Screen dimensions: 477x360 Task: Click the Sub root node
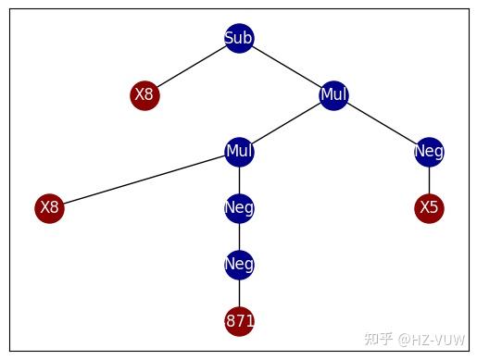pos(239,38)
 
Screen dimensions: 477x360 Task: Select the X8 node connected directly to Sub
pos(144,94)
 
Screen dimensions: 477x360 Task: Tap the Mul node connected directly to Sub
pos(333,94)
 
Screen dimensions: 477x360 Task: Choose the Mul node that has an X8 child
pos(239,151)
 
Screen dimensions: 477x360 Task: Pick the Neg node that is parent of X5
pos(429,151)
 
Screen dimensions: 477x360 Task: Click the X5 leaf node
pos(429,207)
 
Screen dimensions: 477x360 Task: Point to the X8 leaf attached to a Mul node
pos(49,207)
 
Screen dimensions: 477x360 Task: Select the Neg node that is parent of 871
pos(239,265)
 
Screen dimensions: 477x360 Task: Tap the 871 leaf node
pos(239,321)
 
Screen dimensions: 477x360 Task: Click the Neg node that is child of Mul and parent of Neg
pos(239,207)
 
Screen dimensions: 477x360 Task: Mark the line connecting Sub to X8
pos(192,66)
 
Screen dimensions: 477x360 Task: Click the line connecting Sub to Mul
pos(286,66)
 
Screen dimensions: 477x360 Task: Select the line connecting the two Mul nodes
pos(286,122)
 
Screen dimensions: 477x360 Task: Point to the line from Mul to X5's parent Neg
pos(382,123)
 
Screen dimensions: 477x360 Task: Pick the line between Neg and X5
pos(429,180)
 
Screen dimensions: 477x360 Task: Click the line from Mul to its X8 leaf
pos(144,180)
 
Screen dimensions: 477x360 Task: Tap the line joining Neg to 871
pos(239,292)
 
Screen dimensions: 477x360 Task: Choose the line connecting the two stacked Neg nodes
pos(239,236)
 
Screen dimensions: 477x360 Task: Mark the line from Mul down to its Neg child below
pos(239,180)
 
